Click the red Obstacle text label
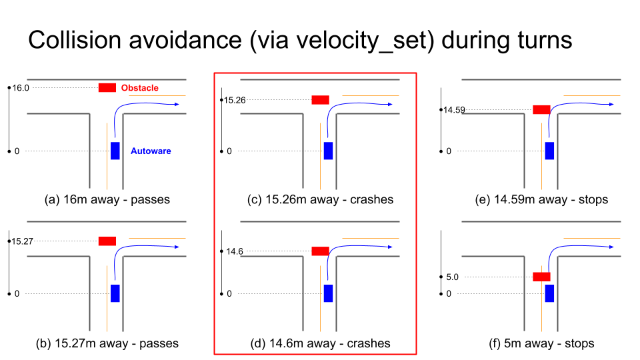click(140, 88)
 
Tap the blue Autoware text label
click(151, 151)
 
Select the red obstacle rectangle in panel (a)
click(107, 87)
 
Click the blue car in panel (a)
click(115, 151)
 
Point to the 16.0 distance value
click(21, 87)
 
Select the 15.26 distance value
click(233, 100)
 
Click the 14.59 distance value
click(454, 109)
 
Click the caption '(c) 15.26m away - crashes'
click(316, 199)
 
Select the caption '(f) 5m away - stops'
click(541, 343)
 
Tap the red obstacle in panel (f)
click(541, 276)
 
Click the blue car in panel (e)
click(549, 151)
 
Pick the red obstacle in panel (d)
click(320, 251)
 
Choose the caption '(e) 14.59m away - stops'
click(540, 199)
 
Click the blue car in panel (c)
click(328, 151)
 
